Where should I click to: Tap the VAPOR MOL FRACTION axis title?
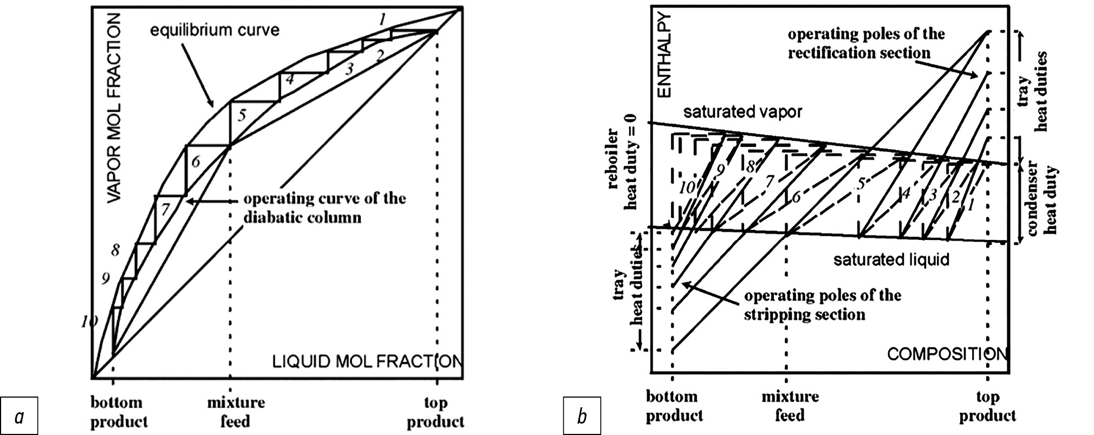[x=115, y=108]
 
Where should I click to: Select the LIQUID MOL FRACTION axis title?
[x=366, y=361]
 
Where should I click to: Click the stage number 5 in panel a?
[x=242, y=115]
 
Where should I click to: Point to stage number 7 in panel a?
[x=166, y=208]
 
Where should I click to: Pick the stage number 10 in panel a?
[x=89, y=322]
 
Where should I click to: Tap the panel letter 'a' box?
[x=19, y=417]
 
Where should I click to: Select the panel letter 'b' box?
[x=582, y=417]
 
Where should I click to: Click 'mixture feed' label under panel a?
[x=236, y=412]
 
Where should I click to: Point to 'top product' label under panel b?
[x=988, y=406]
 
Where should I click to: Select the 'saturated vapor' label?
[x=742, y=112]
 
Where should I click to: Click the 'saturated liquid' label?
[x=891, y=259]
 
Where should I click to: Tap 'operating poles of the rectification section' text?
[x=865, y=43]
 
